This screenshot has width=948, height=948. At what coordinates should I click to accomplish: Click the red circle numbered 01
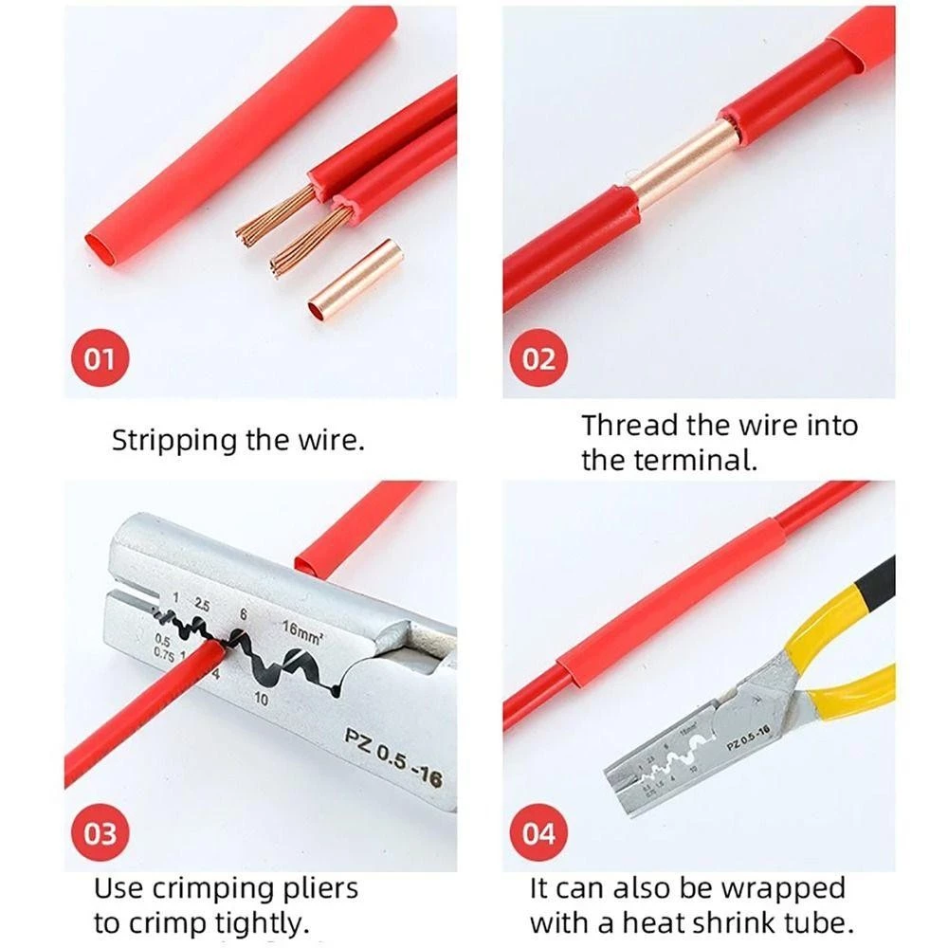99,359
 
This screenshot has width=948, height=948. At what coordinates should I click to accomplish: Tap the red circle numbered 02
538,359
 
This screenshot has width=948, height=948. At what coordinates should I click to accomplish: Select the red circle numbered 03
100,834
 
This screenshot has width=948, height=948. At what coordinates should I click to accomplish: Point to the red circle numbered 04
538,834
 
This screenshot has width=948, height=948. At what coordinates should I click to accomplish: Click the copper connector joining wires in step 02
683,164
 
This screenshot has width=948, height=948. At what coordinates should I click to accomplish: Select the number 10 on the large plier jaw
263,700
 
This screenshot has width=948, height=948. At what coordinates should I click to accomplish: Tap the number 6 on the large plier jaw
244,615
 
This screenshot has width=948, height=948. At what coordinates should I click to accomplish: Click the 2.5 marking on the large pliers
202,604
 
